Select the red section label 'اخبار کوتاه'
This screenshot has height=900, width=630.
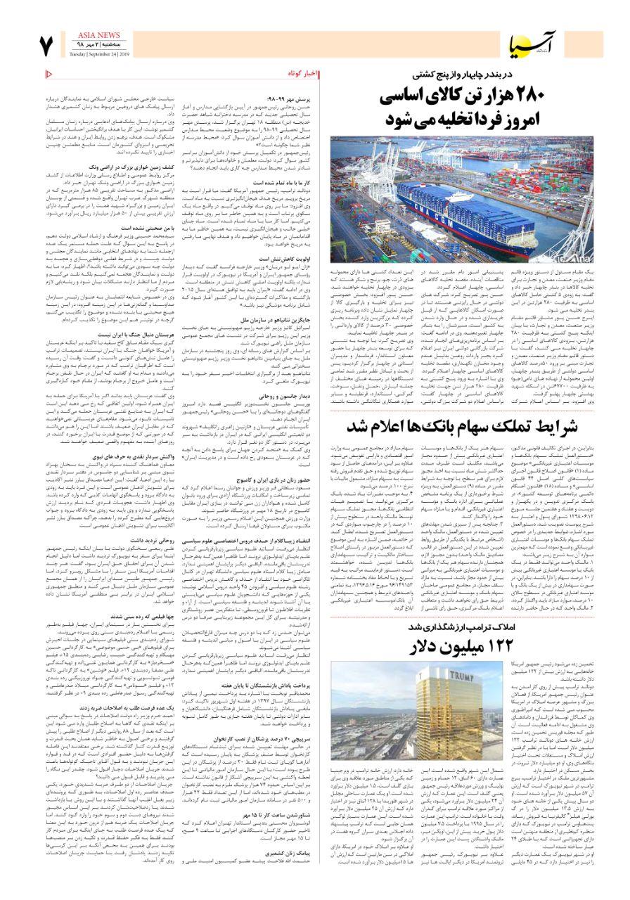point(304,74)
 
